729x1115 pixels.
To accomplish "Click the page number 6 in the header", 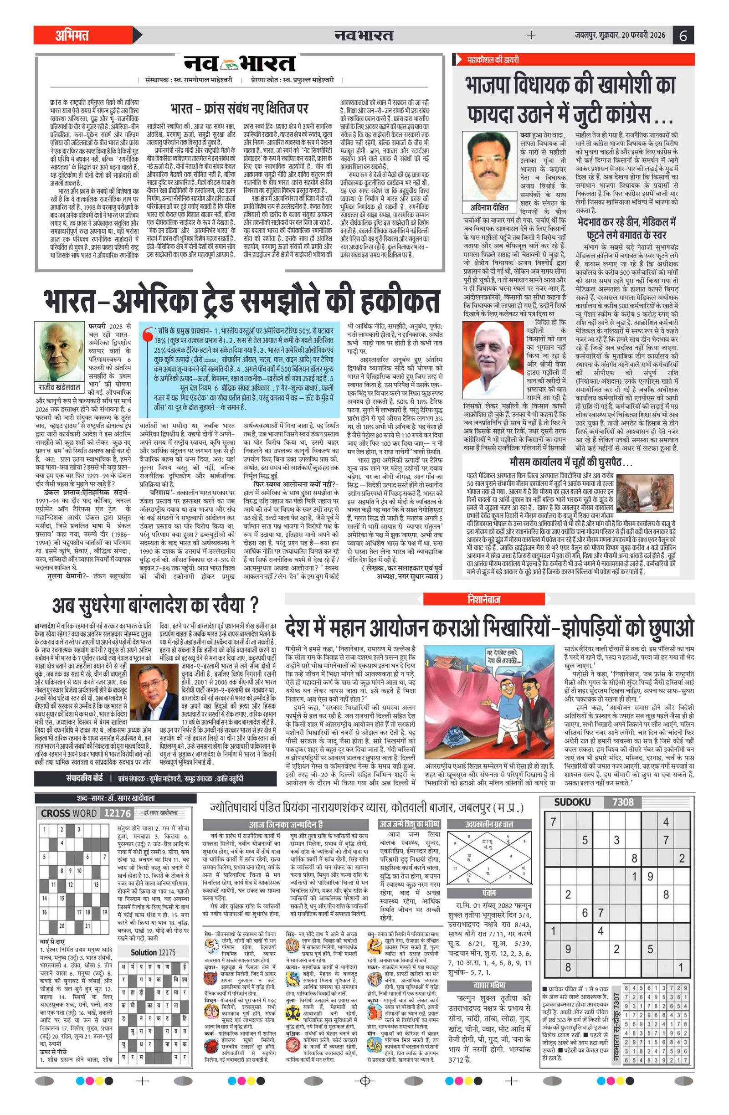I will [x=683, y=35].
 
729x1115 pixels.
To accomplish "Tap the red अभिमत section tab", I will [x=72, y=35].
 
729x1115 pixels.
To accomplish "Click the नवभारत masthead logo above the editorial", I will [x=239, y=64].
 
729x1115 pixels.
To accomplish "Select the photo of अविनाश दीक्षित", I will [x=490, y=165].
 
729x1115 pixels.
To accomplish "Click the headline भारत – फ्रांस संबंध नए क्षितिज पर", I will [x=239, y=109].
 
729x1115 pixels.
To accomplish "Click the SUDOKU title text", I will [x=572, y=802].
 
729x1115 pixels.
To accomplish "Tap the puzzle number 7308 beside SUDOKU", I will [x=623, y=802].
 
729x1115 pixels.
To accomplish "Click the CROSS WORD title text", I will [x=69, y=813].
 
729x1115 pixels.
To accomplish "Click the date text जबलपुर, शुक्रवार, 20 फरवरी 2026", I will [x=620, y=35].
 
